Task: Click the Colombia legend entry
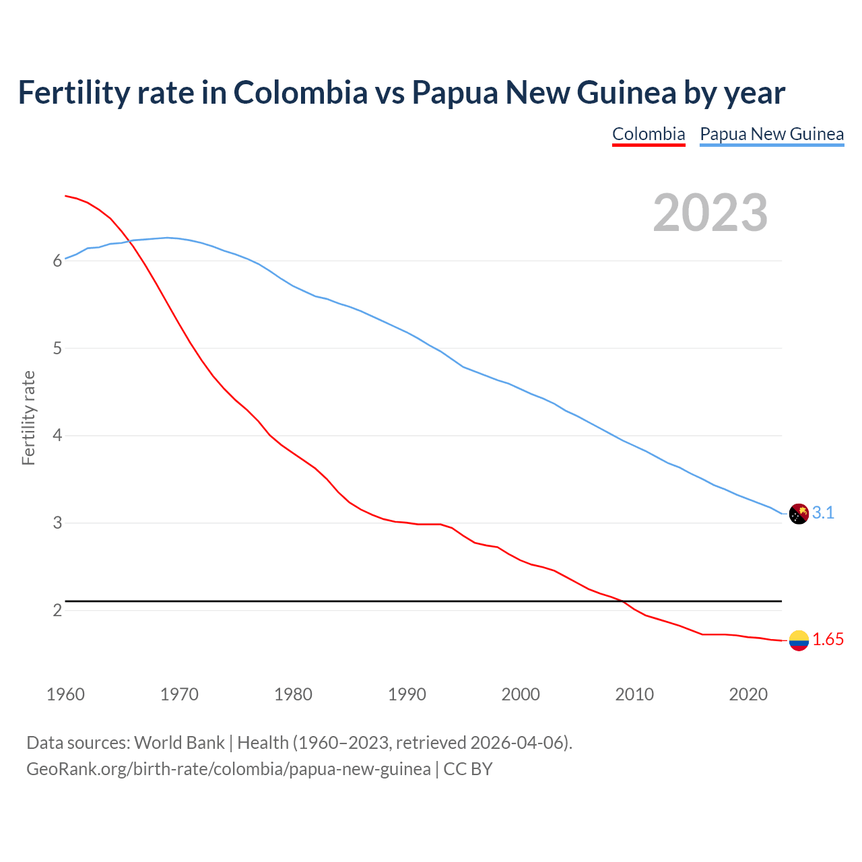click(x=649, y=134)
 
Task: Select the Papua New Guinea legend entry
click(x=772, y=134)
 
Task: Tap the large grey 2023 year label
click(x=710, y=213)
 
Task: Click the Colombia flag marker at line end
click(x=799, y=640)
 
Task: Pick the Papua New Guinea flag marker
click(x=799, y=514)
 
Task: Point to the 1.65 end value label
click(x=828, y=640)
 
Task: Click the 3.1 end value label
click(x=823, y=513)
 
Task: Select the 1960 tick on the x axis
click(x=65, y=694)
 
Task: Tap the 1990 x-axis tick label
click(x=407, y=694)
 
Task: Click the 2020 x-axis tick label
click(x=748, y=694)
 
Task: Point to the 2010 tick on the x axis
click(x=634, y=694)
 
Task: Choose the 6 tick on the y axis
click(x=57, y=261)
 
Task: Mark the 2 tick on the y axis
click(x=57, y=611)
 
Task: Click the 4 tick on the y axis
click(x=57, y=436)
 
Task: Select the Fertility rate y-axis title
click(x=28, y=418)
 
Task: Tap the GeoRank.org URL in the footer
click(x=228, y=769)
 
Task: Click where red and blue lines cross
click(x=130, y=242)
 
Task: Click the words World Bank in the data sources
click(x=179, y=743)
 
